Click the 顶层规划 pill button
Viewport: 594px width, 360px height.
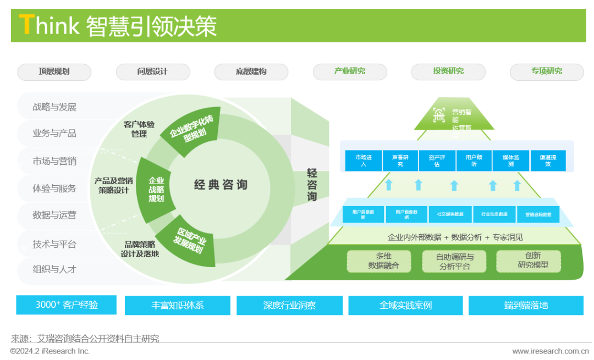click(x=54, y=71)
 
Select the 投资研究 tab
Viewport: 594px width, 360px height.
click(x=448, y=71)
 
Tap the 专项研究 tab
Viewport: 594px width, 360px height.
click(x=547, y=71)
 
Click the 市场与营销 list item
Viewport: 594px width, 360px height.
click(x=54, y=161)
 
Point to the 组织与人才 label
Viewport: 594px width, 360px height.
click(x=54, y=269)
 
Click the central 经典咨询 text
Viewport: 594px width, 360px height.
click(x=221, y=185)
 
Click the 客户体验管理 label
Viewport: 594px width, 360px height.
click(x=139, y=129)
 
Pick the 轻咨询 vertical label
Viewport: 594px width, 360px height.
click(x=312, y=185)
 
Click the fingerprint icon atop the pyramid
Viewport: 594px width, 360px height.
click(x=439, y=115)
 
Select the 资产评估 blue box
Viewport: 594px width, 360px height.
click(x=437, y=160)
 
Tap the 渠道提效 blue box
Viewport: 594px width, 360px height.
click(x=548, y=160)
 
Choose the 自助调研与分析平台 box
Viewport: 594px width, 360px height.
click(x=454, y=262)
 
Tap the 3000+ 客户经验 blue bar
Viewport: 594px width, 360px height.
click(x=66, y=305)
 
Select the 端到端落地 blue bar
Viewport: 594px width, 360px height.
click(x=526, y=306)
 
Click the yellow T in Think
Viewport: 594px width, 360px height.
click(x=26, y=25)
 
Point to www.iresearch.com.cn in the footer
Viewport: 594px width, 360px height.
click(x=549, y=351)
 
